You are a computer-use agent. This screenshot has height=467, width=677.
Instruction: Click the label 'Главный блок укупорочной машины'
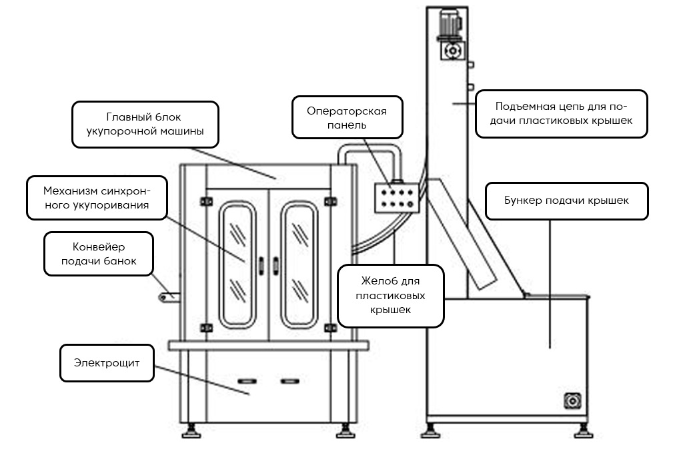point(145,125)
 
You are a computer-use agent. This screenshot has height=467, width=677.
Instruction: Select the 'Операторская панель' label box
point(347,117)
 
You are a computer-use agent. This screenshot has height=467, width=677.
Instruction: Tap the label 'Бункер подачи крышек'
point(566,201)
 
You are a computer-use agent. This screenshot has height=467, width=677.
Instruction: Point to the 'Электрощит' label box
point(107,364)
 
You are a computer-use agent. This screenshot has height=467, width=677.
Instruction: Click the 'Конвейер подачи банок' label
point(99,254)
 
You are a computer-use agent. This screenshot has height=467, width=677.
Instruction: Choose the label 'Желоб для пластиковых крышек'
point(390,295)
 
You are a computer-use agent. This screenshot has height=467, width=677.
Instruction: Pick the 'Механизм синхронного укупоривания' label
point(97,198)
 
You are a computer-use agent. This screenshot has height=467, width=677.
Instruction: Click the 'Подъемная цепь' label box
point(562,114)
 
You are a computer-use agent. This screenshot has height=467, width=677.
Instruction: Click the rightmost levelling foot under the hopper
point(581,432)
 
